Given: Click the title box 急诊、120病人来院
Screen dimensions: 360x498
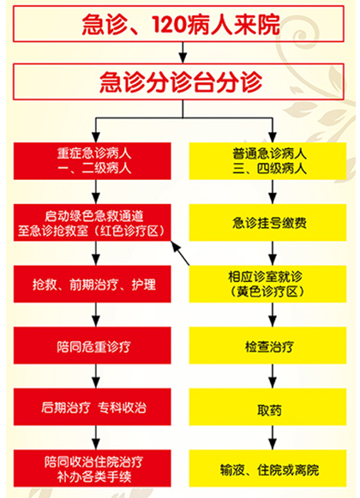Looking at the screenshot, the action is pyautogui.click(x=178, y=24).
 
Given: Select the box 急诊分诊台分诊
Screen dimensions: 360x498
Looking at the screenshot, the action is pyautogui.click(x=178, y=81).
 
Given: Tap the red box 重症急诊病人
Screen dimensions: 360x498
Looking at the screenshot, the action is pyautogui.click(x=93, y=160).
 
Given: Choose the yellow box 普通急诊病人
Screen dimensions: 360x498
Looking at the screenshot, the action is pyautogui.click(x=267, y=160).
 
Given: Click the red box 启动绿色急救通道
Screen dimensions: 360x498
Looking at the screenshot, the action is pyautogui.click(x=93, y=222).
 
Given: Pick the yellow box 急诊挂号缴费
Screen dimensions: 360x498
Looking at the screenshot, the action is pyautogui.click(x=267, y=222).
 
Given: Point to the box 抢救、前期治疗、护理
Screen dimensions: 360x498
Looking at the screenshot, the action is pyautogui.click(x=93, y=284).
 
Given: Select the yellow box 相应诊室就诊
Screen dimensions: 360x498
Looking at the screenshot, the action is pyautogui.click(x=267, y=284).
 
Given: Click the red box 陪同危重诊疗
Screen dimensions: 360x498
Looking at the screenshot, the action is pyautogui.click(x=93, y=345).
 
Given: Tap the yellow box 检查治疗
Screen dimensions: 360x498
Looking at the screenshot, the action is pyautogui.click(x=267, y=345).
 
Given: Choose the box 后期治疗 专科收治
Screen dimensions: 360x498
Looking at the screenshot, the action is pyautogui.click(x=93, y=407).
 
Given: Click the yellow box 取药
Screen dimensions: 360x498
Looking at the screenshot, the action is pyautogui.click(x=267, y=407).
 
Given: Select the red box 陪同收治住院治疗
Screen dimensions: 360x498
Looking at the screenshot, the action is pyautogui.click(x=93, y=468).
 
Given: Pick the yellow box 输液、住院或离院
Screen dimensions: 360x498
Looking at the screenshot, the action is pyautogui.click(x=267, y=468).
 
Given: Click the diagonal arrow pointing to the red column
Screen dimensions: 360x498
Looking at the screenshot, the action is pyautogui.click(x=180, y=253).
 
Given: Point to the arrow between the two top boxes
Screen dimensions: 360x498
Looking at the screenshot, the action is pyautogui.click(x=183, y=53).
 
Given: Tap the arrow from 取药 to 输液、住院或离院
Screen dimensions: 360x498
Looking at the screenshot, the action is pyautogui.click(x=273, y=438).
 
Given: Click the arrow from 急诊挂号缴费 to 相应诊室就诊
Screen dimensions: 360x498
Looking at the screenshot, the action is pyautogui.click(x=273, y=254).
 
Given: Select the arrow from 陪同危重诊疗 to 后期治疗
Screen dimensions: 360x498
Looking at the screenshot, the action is pyautogui.click(x=96, y=376).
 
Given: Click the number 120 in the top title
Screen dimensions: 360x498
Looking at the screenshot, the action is pyautogui.click(x=169, y=25).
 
